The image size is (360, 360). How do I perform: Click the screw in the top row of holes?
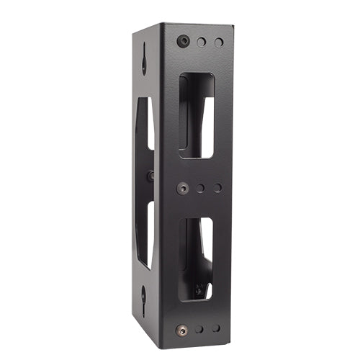(183, 42)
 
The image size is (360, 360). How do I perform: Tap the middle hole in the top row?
(202, 42)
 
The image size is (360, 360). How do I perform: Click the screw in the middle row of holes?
(183, 187)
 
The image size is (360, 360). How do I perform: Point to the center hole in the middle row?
(201, 188)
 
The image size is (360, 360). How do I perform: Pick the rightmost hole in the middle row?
(217, 189)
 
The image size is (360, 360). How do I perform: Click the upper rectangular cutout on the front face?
(197, 115)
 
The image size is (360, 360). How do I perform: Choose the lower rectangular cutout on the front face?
(196, 258)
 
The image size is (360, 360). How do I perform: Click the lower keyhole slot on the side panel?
(144, 294)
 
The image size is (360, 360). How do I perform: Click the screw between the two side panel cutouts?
(150, 175)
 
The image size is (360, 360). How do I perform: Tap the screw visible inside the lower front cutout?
(199, 291)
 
